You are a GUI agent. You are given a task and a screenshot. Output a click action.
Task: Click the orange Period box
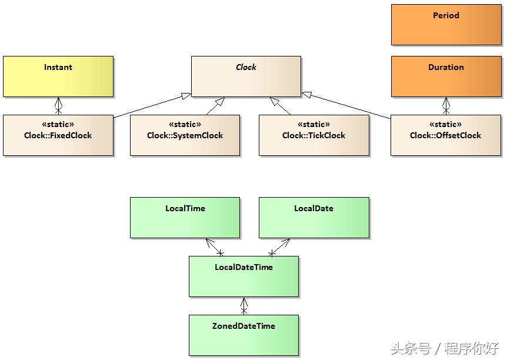tap(446, 25)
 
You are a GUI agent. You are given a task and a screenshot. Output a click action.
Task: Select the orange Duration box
tap(446, 76)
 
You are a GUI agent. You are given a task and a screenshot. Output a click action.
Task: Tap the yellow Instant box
tap(58, 76)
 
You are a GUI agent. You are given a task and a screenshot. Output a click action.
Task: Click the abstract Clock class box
tap(246, 76)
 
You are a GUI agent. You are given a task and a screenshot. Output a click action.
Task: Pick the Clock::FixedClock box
tap(58, 135)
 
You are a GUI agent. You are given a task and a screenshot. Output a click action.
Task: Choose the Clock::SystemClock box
tap(185, 135)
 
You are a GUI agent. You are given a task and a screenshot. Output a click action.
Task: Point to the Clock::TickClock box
tap(314, 135)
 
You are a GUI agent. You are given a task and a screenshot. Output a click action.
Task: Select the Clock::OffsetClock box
tap(445, 135)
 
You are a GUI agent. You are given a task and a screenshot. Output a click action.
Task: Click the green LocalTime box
tap(185, 218)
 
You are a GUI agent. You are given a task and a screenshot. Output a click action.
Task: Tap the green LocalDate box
tap(314, 218)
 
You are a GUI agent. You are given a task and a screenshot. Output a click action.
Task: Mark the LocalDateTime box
tap(244, 276)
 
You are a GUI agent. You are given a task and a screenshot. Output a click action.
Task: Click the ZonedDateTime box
tap(244, 335)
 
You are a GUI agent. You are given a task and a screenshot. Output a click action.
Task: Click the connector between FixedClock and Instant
tap(58, 106)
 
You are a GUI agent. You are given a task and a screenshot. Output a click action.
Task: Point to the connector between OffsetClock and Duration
tap(446, 106)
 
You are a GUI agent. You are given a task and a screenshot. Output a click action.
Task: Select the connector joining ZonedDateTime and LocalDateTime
tap(244, 306)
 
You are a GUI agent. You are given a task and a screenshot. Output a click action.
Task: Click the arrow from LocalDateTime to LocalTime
tap(213, 246)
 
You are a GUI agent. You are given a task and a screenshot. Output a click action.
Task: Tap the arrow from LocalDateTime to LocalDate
tap(281, 246)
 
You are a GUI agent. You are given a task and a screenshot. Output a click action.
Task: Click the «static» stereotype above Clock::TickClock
tap(314, 125)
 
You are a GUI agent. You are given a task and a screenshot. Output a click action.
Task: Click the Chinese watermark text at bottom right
tap(445, 348)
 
